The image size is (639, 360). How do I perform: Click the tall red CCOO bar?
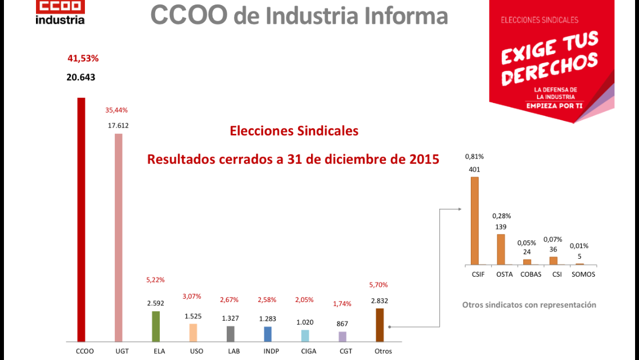(81, 219)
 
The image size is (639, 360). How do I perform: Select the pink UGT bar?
(118, 238)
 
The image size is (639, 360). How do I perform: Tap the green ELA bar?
(156, 326)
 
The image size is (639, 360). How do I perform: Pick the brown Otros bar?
(379, 325)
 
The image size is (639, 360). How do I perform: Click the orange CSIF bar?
(475, 221)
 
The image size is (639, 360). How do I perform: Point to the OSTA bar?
(501, 250)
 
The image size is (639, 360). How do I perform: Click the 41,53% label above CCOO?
(83, 58)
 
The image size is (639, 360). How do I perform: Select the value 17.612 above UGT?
(118, 125)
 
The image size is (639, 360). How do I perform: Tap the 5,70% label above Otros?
(379, 285)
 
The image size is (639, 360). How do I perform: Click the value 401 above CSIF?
(474, 169)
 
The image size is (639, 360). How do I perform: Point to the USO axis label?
(196, 351)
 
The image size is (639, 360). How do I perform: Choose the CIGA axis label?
(308, 351)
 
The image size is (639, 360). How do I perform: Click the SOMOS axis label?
(583, 274)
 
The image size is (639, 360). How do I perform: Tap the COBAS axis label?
(531, 274)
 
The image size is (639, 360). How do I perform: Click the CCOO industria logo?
(60, 12)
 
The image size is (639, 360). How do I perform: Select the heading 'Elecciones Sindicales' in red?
(294, 131)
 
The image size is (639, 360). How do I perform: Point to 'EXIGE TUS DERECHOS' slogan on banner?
(550, 58)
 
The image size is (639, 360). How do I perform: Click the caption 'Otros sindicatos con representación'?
(529, 305)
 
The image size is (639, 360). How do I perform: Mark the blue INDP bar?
(268, 334)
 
